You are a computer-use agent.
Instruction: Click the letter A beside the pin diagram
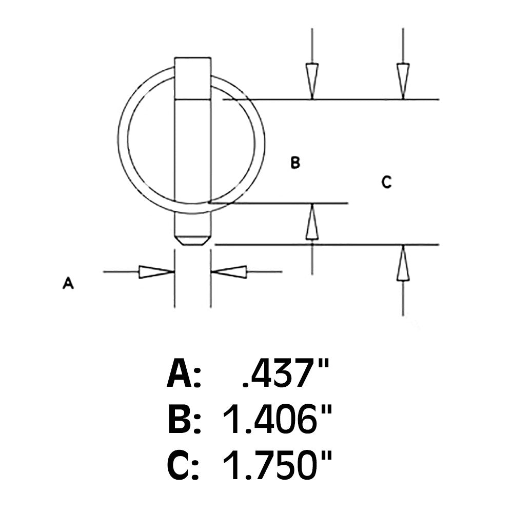click(x=68, y=283)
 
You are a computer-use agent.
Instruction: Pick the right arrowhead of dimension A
click(x=230, y=272)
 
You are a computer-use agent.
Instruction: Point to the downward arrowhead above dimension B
click(x=312, y=79)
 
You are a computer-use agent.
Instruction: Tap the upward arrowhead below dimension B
click(x=311, y=224)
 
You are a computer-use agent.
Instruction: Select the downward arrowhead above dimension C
click(x=403, y=79)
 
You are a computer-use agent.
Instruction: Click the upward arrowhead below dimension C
click(x=403, y=265)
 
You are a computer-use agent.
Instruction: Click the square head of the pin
click(x=192, y=77)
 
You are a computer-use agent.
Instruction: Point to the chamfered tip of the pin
click(x=192, y=240)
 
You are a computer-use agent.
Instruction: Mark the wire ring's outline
click(x=123, y=139)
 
